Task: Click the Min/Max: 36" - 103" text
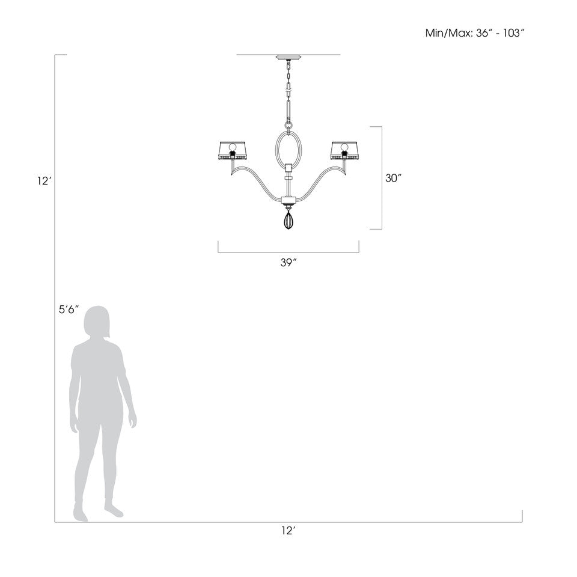474,33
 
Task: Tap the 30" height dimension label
393,178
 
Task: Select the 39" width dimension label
289,263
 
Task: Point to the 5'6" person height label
69,310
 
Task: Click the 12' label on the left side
43,181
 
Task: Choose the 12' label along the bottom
289,530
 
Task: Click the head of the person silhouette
97,322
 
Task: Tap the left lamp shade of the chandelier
232,150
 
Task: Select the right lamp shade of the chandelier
345,150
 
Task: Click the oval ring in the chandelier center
276,147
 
